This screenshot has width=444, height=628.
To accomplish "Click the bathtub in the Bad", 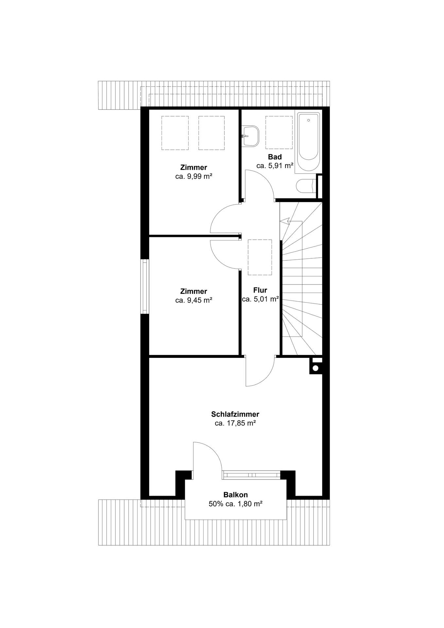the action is coord(308,142).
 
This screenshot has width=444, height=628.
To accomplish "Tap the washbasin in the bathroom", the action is coord(250,136).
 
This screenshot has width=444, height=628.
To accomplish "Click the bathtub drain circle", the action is coord(308,120).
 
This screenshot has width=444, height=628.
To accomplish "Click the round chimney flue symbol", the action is coord(316,368).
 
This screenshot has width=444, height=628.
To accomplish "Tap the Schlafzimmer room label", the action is coord(235,414).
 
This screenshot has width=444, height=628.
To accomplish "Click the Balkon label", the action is coord(235,495).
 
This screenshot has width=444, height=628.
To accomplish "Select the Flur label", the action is coord(260,290).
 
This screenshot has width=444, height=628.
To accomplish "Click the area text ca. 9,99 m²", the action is coord(194,176).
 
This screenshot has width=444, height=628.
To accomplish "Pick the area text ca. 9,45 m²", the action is coord(194,300).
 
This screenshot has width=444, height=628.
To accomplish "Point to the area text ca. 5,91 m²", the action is coord(275,166).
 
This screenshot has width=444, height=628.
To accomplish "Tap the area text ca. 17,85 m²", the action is coord(235,423).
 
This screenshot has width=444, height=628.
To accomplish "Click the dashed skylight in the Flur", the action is coord(260,257).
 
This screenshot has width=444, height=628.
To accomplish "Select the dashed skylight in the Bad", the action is coord(279,132).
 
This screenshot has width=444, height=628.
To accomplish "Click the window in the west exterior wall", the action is coord(145,287).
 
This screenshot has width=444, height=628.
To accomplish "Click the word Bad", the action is coord(275,157).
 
